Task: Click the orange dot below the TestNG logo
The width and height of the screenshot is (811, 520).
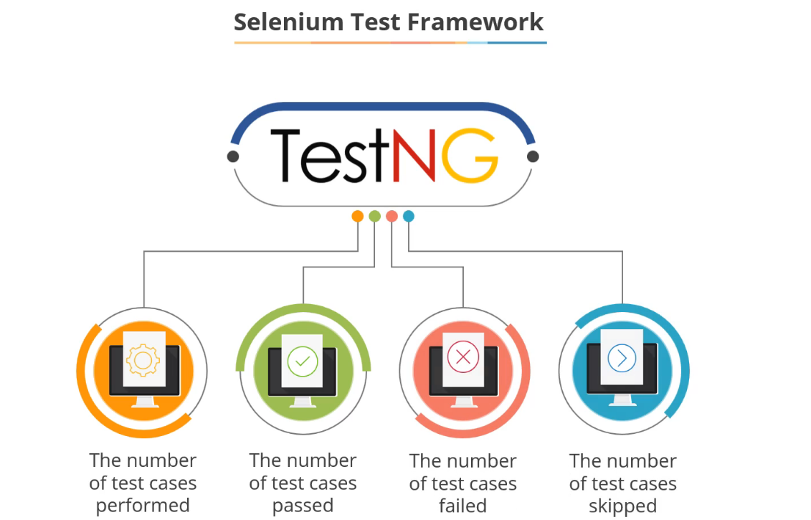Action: click(x=357, y=216)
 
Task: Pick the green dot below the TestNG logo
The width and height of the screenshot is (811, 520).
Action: click(x=374, y=216)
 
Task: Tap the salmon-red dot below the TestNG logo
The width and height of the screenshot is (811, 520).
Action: click(x=392, y=216)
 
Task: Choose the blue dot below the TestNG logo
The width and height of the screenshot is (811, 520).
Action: click(x=409, y=216)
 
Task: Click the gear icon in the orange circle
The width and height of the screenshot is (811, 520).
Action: click(x=143, y=359)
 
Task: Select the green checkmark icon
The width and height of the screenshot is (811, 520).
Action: click(x=302, y=361)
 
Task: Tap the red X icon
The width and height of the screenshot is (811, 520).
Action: click(x=463, y=356)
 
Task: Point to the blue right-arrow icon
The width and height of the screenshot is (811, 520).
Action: click(x=622, y=357)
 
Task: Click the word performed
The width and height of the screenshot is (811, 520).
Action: click(x=143, y=506)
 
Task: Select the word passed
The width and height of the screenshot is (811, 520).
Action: click(x=303, y=506)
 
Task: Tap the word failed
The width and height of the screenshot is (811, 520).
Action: click(x=463, y=506)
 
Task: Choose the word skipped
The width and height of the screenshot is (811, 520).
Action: click(x=622, y=506)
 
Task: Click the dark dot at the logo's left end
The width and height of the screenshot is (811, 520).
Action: click(x=233, y=156)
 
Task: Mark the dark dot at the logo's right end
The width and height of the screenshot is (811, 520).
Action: click(x=532, y=156)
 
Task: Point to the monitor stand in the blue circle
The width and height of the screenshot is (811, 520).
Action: click(x=622, y=402)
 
